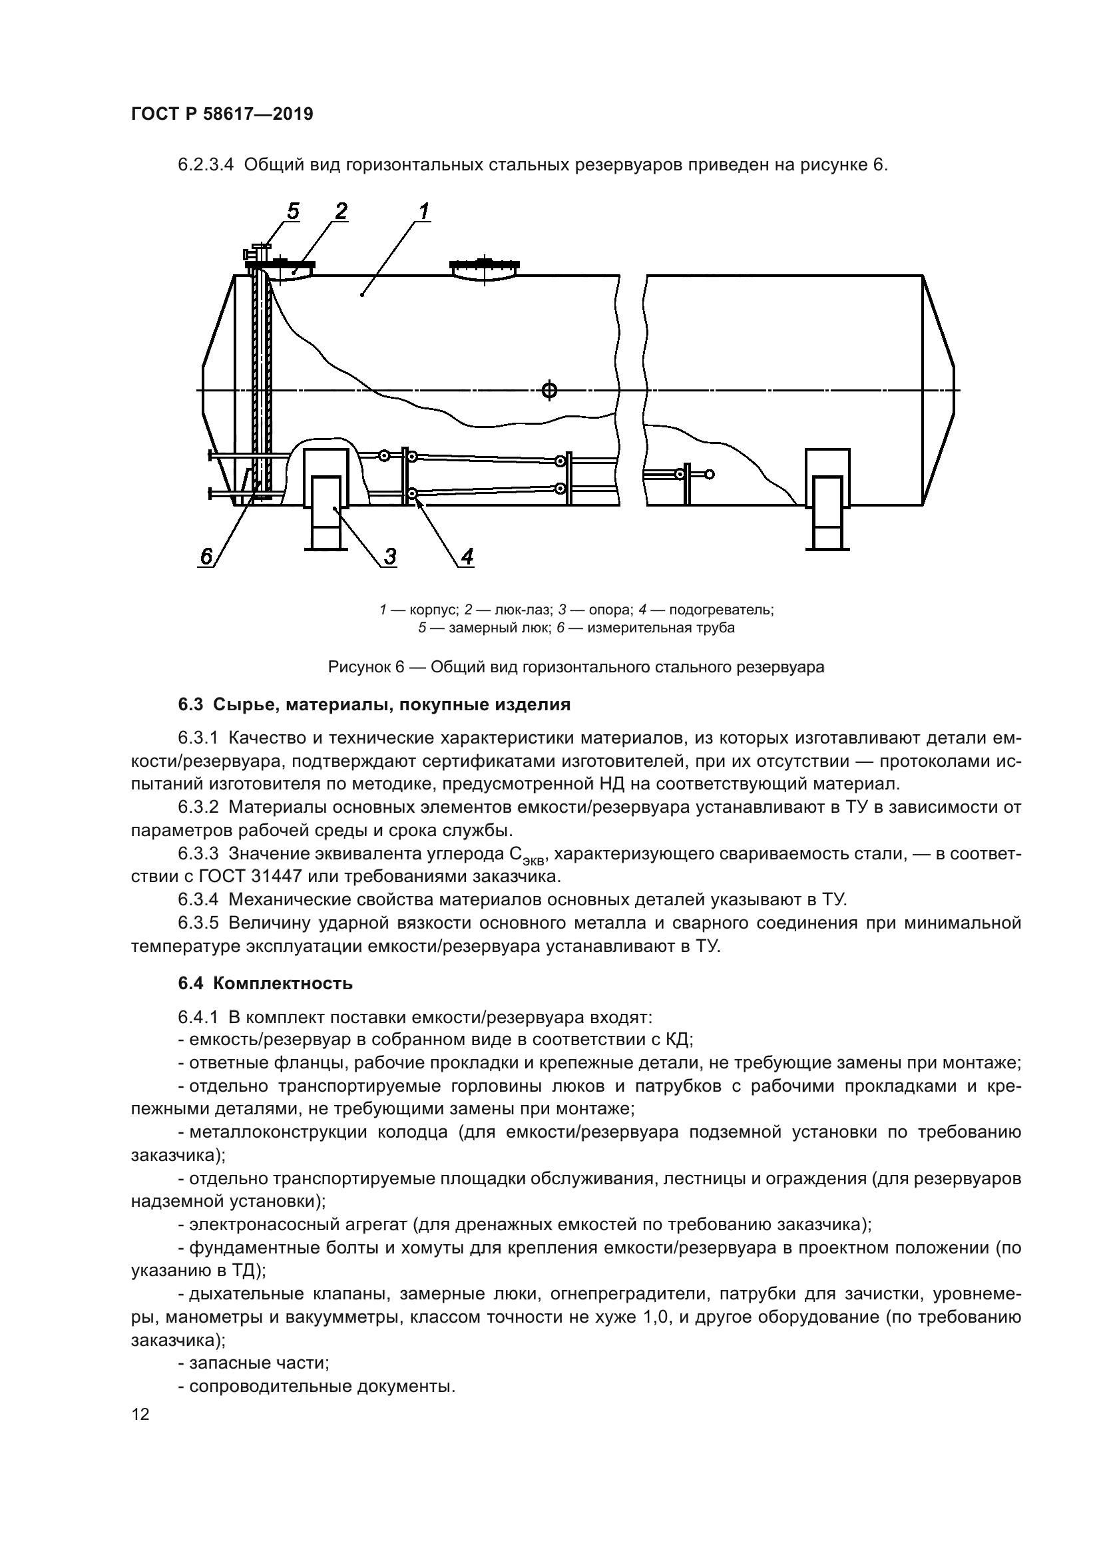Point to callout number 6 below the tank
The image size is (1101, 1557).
pyautogui.click(x=206, y=556)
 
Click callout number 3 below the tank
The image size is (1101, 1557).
pyautogui.click(x=390, y=556)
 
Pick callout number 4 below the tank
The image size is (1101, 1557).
pyautogui.click(x=467, y=556)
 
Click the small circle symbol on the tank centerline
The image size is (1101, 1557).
pyautogui.click(x=549, y=390)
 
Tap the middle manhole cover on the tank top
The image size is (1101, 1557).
pyautogui.click(x=484, y=267)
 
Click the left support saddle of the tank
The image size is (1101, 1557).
pyautogui.click(x=326, y=499)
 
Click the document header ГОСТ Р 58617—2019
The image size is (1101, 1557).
pyautogui.click(x=222, y=114)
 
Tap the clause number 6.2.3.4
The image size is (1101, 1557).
pyautogui.click(x=206, y=165)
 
